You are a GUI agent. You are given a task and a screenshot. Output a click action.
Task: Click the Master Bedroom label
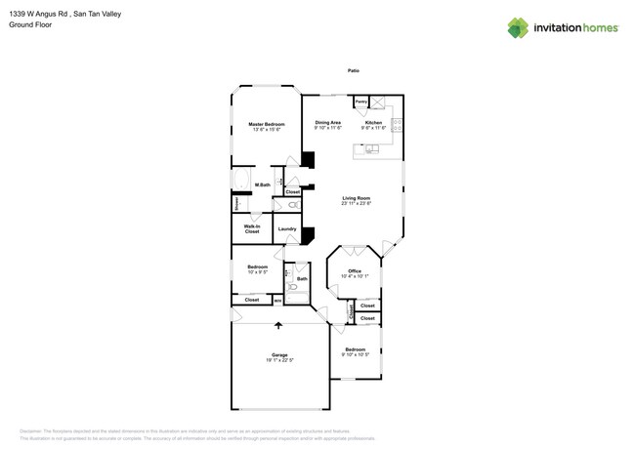(x=266, y=125)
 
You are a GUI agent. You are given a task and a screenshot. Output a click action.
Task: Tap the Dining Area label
(x=327, y=123)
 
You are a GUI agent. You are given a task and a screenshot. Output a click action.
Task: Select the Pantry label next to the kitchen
(x=360, y=102)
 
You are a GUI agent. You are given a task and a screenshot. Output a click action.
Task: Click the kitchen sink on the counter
(x=372, y=148)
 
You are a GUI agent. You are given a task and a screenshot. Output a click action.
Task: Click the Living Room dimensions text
(x=356, y=204)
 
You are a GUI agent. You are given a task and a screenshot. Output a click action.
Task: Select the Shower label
(x=236, y=204)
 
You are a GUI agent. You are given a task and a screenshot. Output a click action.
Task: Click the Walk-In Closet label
(x=251, y=229)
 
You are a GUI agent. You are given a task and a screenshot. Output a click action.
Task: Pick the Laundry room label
(x=287, y=229)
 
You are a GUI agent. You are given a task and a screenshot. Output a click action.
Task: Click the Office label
(x=355, y=271)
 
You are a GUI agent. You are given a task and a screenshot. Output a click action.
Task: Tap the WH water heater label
(x=277, y=301)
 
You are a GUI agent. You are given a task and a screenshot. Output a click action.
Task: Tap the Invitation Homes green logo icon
(x=517, y=27)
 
